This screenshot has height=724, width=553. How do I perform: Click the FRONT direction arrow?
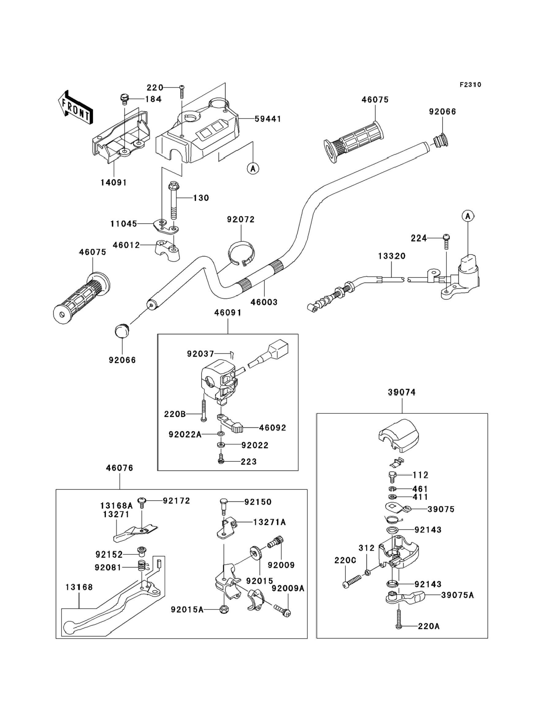pos(74,108)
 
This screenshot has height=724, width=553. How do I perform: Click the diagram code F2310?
pos(470,85)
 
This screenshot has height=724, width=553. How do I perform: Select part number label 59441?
pos(268,119)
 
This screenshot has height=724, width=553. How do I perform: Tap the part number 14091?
pos(113,182)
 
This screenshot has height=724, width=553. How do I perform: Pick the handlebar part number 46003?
pos(264,302)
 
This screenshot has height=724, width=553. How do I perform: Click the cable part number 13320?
pos(392,256)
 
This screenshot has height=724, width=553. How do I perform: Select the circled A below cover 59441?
pos(253,169)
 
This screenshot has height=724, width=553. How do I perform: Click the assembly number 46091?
pos(228,313)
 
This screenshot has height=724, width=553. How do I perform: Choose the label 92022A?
pos(185,434)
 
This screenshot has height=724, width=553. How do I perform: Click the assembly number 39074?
pos(402,392)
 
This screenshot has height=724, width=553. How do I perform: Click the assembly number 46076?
pos(120,468)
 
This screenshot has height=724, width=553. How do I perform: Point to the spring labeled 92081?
pos(142,566)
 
